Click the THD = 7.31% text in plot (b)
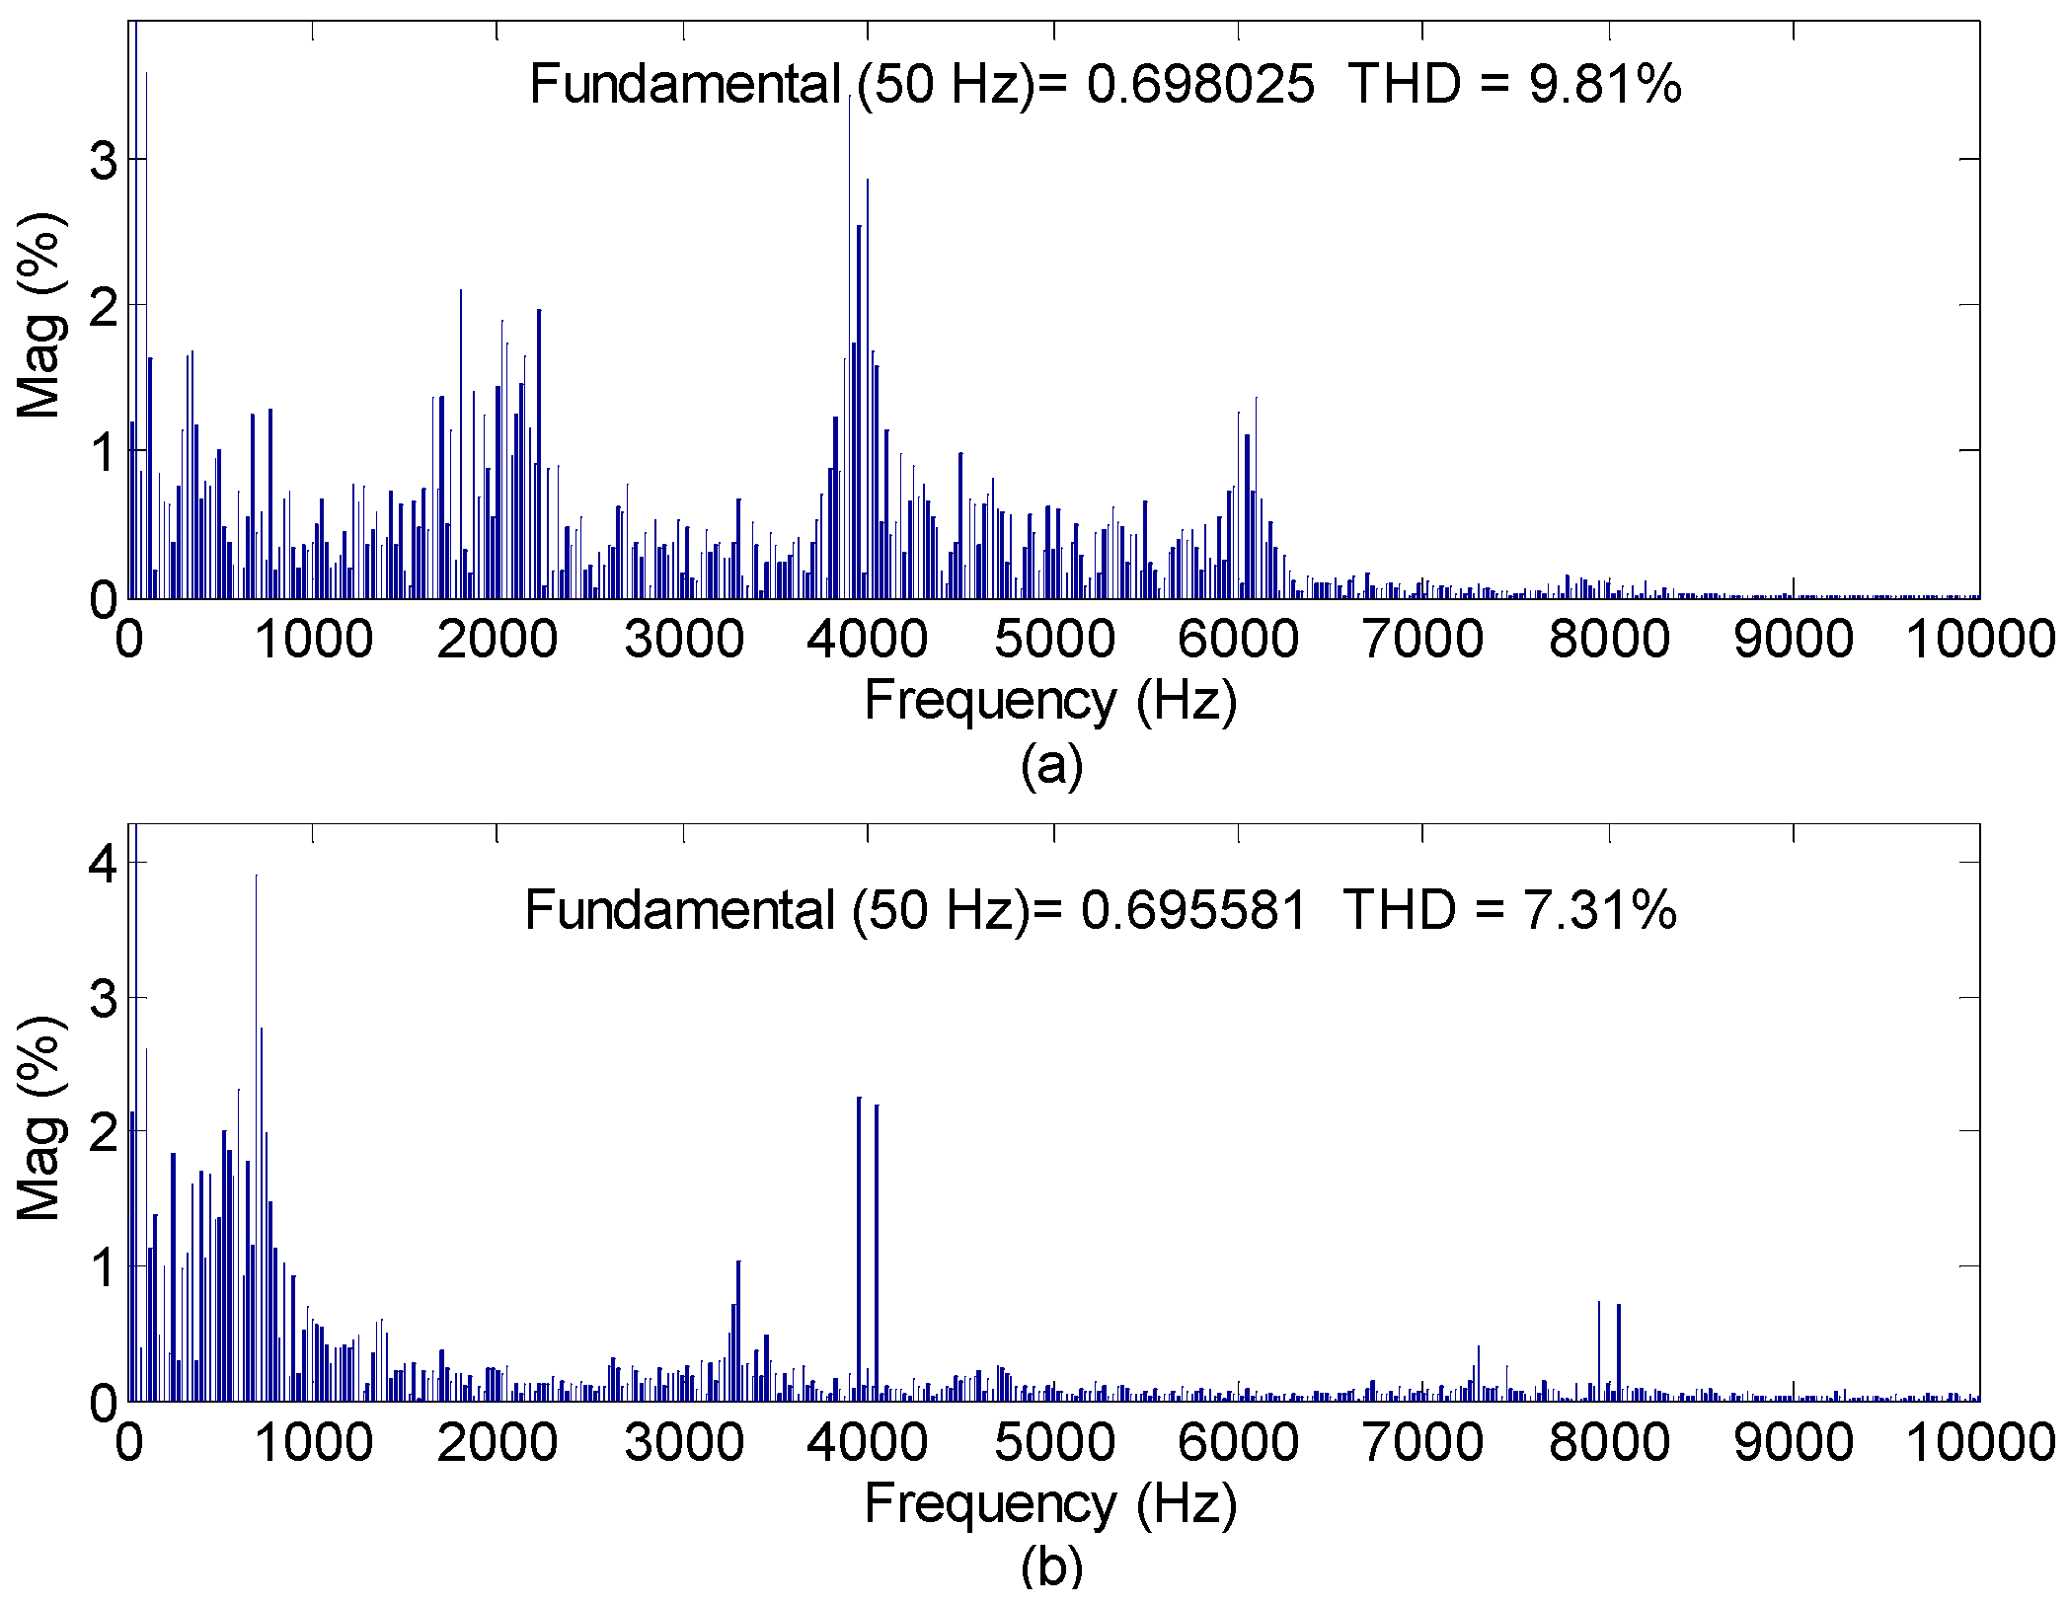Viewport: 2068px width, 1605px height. pyautogui.click(x=1509, y=909)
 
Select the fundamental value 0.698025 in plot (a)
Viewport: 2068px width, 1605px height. pyautogui.click(x=1200, y=84)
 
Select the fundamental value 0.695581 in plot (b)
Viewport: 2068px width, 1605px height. pyautogui.click(x=1194, y=909)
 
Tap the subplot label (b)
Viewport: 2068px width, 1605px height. pyautogui.click(x=1051, y=1567)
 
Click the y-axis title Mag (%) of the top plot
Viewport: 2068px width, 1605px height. pyautogui.click(x=41, y=316)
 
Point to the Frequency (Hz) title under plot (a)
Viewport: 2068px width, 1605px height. pyautogui.click(x=1050, y=702)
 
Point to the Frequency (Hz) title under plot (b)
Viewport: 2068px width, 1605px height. pyautogui.click(x=1050, y=1504)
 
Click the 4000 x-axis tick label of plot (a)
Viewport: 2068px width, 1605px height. pyautogui.click(x=867, y=640)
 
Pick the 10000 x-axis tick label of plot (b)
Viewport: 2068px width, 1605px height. pyautogui.click(x=1978, y=1443)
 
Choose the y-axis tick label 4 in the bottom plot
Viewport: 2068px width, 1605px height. pyautogui.click(x=104, y=864)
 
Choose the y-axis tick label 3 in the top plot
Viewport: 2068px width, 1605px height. pyautogui.click(x=104, y=160)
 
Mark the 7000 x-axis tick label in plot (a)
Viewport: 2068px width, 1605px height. pyautogui.click(x=1422, y=640)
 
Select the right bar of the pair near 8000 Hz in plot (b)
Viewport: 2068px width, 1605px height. pyautogui.click(x=1619, y=1352)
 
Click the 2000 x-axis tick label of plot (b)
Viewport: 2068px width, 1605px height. pyautogui.click(x=497, y=1443)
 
